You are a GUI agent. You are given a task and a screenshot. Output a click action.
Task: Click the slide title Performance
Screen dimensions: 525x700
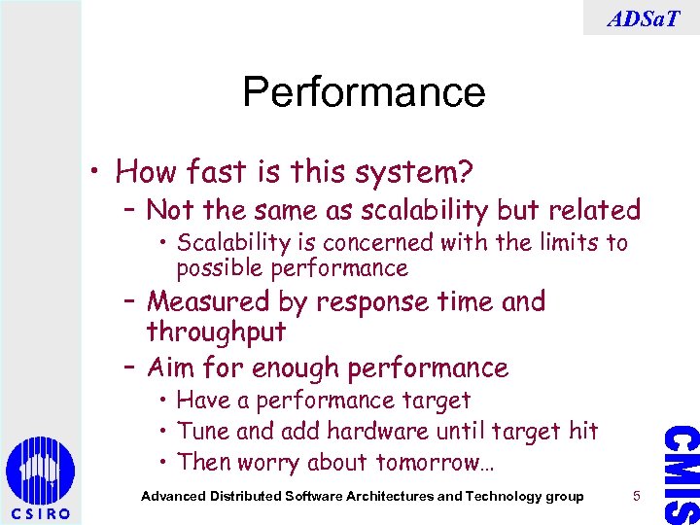tap(364, 92)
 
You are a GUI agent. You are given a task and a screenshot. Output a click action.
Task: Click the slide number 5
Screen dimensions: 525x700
tap(636, 496)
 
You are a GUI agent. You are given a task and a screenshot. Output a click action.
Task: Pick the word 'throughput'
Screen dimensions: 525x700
tap(216, 332)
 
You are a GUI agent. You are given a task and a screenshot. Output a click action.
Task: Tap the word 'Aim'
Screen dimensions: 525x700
tap(167, 368)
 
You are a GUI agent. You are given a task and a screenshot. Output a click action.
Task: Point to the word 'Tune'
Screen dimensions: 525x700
tap(203, 431)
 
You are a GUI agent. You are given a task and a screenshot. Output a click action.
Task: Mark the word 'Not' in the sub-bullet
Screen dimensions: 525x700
tap(169, 210)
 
